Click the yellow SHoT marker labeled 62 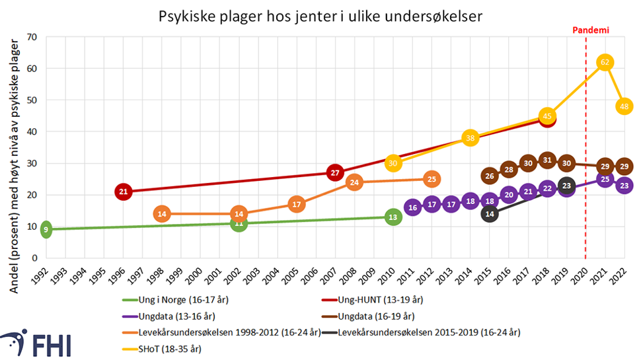(x=604, y=62)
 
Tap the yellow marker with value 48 (x=624, y=106)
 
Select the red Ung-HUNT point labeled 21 (x=123, y=192)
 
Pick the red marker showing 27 (x=335, y=173)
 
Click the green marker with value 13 (x=393, y=217)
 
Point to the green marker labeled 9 (x=46, y=230)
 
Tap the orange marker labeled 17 (x=296, y=205)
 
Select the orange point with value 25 (x=432, y=179)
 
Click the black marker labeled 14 (x=489, y=214)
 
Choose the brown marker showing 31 (x=547, y=161)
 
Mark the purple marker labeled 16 (x=412, y=208)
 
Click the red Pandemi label (x=588, y=30)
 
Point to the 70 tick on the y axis (x=30, y=37)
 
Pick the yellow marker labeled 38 (x=470, y=138)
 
